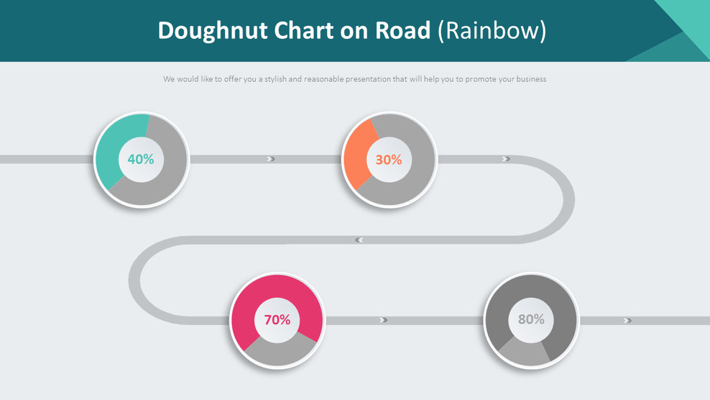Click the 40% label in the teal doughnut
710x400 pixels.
[x=141, y=160]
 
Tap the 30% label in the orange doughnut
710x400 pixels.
[x=389, y=160]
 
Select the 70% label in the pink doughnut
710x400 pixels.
[x=277, y=319]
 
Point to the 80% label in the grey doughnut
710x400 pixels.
[x=531, y=319]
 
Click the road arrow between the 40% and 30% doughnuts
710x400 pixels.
[x=271, y=159]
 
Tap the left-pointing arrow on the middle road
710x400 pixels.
[x=359, y=240]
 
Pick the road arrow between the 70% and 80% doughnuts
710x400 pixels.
[x=384, y=320]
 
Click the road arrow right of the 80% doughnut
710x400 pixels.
[x=628, y=320]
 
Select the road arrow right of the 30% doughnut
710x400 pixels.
[x=507, y=159]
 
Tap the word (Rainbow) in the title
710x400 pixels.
[x=493, y=30]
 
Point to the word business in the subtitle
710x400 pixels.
[x=530, y=79]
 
